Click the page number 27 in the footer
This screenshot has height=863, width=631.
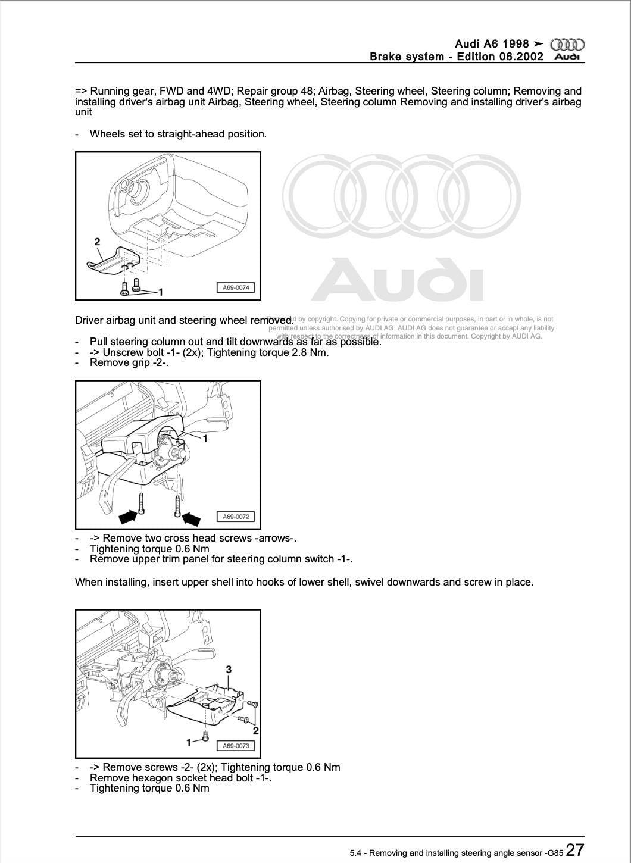point(574,849)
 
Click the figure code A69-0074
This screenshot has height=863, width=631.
point(236,287)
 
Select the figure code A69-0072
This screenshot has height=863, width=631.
point(236,517)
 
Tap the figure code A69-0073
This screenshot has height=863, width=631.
point(236,746)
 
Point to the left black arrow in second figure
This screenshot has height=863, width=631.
point(128,516)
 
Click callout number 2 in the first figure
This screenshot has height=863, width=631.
point(97,242)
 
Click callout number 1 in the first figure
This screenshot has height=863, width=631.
point(161,292)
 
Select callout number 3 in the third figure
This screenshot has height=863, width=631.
point(229,670)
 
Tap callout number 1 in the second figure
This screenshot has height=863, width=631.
point(205,439)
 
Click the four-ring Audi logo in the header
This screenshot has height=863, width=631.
point(567,45)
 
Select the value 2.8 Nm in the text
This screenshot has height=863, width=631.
point(312,352)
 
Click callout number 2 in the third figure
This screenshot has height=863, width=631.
point(255,730)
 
